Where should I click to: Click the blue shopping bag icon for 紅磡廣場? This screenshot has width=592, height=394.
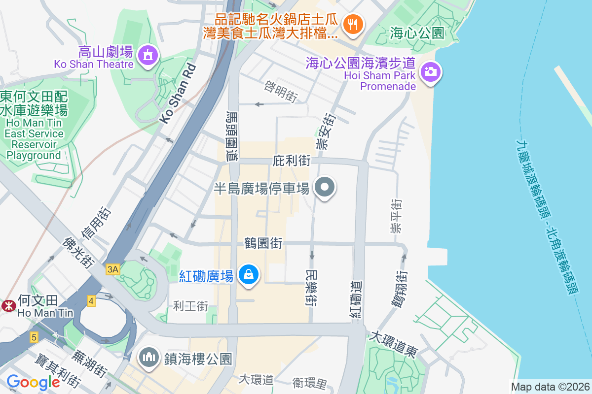250,275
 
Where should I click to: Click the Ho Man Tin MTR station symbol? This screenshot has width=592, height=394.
8,305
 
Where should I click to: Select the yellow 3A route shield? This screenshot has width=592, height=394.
112,269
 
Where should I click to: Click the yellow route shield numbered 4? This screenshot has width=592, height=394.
91,300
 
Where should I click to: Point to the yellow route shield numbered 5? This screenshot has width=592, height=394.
34,337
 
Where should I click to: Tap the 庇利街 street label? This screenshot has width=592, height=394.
291,161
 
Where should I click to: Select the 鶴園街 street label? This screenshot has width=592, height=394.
263,243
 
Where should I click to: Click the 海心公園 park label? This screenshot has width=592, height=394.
417,33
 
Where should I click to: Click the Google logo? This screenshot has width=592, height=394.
34,382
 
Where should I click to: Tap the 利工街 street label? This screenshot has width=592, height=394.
190,306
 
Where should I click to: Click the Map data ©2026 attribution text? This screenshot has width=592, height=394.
550,387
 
